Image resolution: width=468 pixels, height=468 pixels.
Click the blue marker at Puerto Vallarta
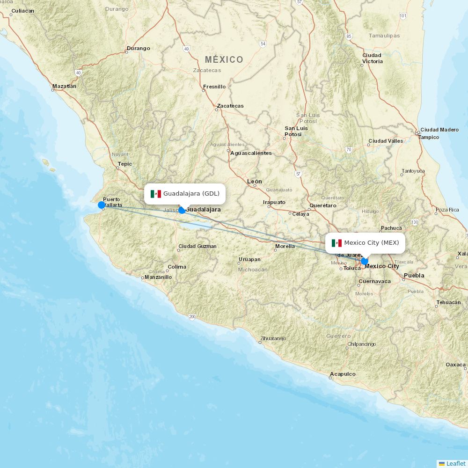[x=102, y=205]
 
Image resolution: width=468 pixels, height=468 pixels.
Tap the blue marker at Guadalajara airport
[x=182, y=210]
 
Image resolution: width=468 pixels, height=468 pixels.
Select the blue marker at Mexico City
[x=365, y=261]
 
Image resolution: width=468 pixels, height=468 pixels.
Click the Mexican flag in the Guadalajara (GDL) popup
[x=156, y=194]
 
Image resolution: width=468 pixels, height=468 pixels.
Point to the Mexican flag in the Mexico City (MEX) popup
[x=336, y=243]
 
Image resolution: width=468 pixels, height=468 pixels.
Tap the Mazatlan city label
[x=64, y=86]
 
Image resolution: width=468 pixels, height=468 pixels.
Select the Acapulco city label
[x=343, y=374]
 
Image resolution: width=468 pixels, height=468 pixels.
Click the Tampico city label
[x=429, y=137]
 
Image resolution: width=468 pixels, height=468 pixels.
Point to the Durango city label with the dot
[x=138, y=48]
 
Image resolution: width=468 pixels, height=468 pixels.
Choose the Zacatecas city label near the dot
[x=230, y=106]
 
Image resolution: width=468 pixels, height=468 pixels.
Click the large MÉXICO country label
[x=224, y=59]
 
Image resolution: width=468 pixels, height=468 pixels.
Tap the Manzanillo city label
[x=158, y=277]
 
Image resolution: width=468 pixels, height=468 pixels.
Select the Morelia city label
[x=285, y=246]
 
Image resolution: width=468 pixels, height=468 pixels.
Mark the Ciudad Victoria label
[x=372, y=58]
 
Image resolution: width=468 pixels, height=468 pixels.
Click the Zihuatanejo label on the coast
[x=273, y=338]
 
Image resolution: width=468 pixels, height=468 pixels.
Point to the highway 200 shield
[x=192, y=317]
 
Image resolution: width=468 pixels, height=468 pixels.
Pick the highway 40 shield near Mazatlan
[x=78, y=73]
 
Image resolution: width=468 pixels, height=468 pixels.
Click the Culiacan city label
[x=22, y=11]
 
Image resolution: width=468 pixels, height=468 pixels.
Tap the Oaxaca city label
[x=455, y=365]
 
